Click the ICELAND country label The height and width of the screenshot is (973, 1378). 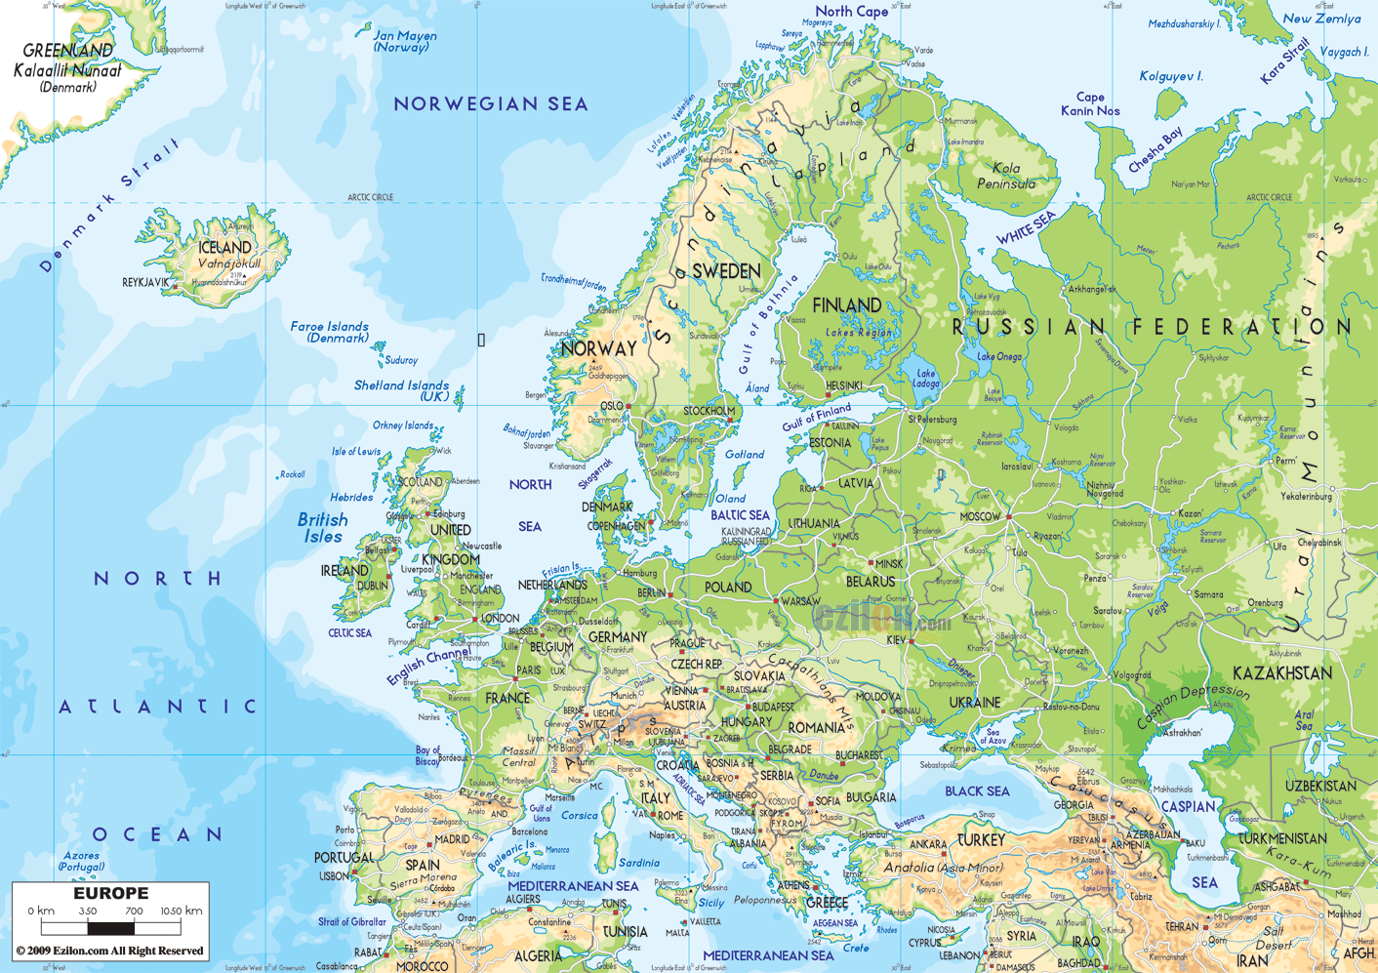pos(225,248)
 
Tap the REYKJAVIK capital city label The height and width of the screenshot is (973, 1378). pos(145,282)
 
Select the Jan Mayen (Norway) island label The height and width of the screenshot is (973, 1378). pos(405,41)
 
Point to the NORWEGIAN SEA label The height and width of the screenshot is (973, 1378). pos(491,103)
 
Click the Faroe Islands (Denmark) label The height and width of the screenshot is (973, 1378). pos(330,332)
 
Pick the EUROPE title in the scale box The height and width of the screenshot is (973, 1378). pos(111,893)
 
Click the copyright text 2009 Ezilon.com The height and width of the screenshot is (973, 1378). pos(109,951)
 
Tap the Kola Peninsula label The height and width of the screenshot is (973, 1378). pos(1006,176)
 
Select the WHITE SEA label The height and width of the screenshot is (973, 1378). pos(1026,228)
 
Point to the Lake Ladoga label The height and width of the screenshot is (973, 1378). pos(925,379)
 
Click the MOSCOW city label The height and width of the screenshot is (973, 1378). pos(980,516)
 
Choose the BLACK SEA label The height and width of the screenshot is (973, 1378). pos(977,791)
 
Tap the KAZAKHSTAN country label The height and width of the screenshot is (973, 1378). pos(1281,673)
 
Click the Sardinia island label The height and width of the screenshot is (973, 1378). pos(639,863)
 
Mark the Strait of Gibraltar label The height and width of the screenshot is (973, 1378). pos(352,921)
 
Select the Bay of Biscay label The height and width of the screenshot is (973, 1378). pos(427,755)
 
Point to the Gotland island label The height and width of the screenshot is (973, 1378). pos(745,455)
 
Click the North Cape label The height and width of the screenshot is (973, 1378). pos(851,12)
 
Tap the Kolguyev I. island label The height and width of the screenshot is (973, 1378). pos(1171,76)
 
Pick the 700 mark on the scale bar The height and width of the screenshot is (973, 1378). pos(134,911)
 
